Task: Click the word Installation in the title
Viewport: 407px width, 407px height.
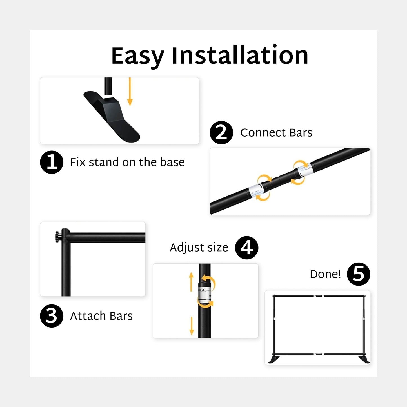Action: [x=240, y=55]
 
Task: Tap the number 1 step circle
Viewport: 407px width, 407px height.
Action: [x=52, y=162]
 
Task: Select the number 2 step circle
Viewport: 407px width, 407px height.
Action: [x=221, y=133]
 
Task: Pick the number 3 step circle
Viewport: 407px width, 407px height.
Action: [x=52, y=316]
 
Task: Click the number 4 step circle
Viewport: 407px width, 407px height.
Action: [x=247, y=248]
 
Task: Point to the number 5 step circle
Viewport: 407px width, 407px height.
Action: [x=359, y=274]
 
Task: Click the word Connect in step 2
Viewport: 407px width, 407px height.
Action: [x=263, y=133]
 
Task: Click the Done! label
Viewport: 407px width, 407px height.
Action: [x=325, y=274]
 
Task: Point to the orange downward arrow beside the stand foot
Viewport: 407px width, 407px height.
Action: [x=130, y=92]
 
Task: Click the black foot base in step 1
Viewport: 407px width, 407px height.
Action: [x=112, y=117]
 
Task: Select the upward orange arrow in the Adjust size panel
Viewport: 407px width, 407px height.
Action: [x=191, y=282]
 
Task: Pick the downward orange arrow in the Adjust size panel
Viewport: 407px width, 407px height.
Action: [x=192, y=326]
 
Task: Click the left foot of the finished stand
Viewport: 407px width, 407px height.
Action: [x=274, y=359]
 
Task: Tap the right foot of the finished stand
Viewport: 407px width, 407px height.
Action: [x=364, y=359]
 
